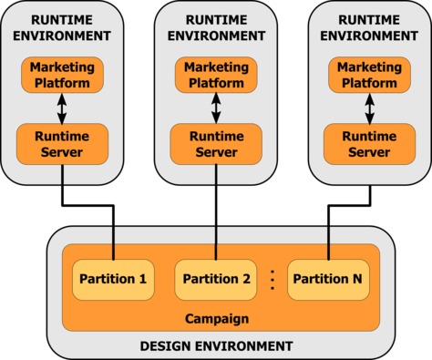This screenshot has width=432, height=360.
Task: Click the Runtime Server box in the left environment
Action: coord(62,142)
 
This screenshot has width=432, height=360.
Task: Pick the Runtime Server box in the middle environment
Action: coord(216,142)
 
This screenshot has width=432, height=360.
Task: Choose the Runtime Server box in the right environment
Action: coord(370,142)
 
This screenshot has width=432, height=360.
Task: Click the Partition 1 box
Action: coord(113,279)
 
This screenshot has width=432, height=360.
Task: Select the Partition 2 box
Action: coord(215,279)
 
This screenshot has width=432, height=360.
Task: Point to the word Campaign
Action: coord(215,318)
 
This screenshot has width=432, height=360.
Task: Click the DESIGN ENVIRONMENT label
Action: coord(216,345)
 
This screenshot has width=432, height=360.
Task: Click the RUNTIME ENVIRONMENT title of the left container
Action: coord(62,27)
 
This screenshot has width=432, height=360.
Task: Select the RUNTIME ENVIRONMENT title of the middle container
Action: coord(216,27)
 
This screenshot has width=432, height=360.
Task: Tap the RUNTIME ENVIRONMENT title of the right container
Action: coord(370,27)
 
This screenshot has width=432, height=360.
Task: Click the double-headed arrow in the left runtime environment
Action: coord(62,108)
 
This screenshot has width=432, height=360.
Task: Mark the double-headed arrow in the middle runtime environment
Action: coord(216,108)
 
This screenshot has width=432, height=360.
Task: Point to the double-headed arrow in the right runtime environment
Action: coord(370,108)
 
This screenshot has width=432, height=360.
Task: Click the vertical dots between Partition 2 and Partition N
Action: coord(272,279)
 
